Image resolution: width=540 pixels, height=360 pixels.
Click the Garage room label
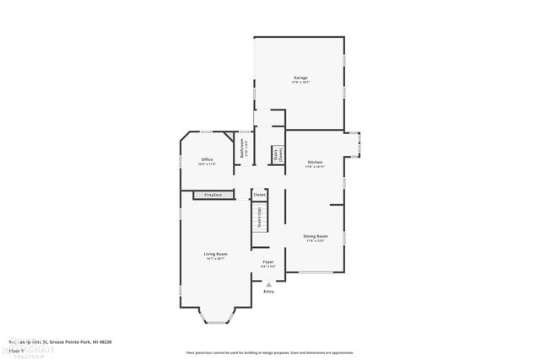point(300,78)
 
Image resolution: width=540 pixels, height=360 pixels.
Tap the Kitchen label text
point(315,161)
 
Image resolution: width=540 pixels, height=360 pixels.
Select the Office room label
point(207,159)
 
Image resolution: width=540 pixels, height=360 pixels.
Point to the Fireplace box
point(213,195)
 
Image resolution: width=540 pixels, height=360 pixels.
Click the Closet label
point(259,195)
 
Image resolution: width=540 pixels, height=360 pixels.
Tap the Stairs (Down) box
point(277,155)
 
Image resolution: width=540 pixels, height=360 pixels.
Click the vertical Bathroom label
point(243,149)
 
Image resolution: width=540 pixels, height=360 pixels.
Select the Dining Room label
point(316,236)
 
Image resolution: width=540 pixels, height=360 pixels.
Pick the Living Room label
point(215,253)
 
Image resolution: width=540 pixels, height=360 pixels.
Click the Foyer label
point(268,262)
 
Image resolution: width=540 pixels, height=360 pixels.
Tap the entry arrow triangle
point(268,284)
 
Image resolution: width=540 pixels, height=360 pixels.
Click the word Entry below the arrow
point(268,292)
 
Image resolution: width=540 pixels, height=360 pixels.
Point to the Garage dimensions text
point(300,83)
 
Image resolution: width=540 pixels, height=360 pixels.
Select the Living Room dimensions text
point(215,258)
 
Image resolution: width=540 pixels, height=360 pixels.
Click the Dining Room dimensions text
point(316,241)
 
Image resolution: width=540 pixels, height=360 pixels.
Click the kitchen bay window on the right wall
point(358,145)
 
